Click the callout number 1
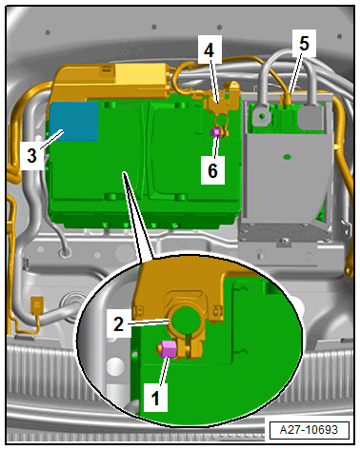(x=155, y=398)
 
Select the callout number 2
(x=118, y=323)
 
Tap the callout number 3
(x=31, y=156)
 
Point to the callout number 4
(x=209, y=50)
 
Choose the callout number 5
(x=304, y=43)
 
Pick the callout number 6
(x=212, y=170)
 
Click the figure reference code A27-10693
(x=309, y=430)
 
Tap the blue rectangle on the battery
(x=74, y=121)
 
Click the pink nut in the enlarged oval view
(x=169, y=349)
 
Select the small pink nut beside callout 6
(x=216, y=132)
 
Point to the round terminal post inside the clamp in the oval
(x=187, y=322)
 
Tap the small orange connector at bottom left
(x=37, y=304)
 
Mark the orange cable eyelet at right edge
(x=350, y=271)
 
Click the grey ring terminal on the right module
(x=262, y=116)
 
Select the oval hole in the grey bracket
(x=288, y=157)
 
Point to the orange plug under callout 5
(x=286, y=99)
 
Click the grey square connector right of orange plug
(x=308, y=115)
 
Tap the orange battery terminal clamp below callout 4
(x=222, y=114)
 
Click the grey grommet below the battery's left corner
(x=66, y=253)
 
